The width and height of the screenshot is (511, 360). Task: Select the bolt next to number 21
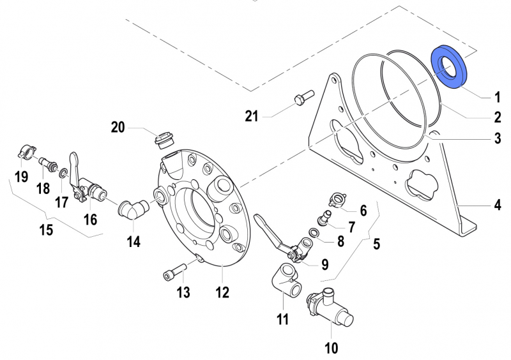click(300, 100)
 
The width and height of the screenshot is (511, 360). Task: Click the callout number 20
click(118, 127)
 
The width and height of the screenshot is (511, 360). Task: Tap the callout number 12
click(222, 293)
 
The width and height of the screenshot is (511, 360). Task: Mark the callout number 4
click(496, 206)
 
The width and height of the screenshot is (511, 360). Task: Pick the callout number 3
click(496, 138)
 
